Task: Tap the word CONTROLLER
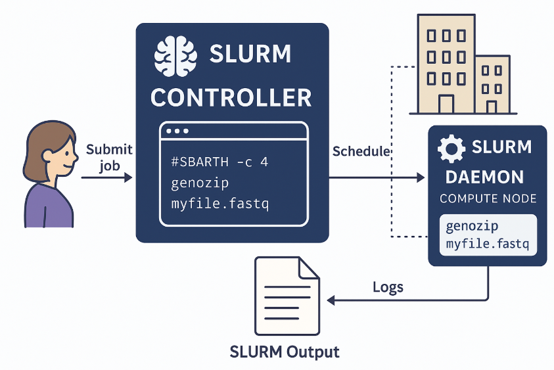point(231,98)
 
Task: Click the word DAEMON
point(484,177)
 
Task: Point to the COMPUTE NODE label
point(488,198)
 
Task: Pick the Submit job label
point(109,157)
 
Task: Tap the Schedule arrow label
point(361,151)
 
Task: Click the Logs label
point(388,287)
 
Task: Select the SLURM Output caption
point(285,352)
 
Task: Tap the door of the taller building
point(446,103)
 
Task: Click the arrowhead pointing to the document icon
point(331,300)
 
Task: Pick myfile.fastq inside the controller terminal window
point(219,204)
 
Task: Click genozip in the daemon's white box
point(471,227)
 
